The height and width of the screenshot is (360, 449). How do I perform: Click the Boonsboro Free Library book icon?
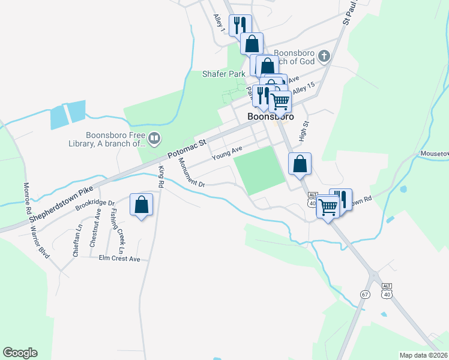(x=155, y=139)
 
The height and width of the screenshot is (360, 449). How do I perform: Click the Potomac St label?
(x=187, y=149)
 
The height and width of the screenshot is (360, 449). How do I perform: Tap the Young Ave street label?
(x=226, y=153)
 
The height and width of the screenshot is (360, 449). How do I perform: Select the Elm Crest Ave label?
(x=119, y=259)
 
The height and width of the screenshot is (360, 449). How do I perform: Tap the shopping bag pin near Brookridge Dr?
(x=142, y=205)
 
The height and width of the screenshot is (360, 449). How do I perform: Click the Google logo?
(x=20, y=353)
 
